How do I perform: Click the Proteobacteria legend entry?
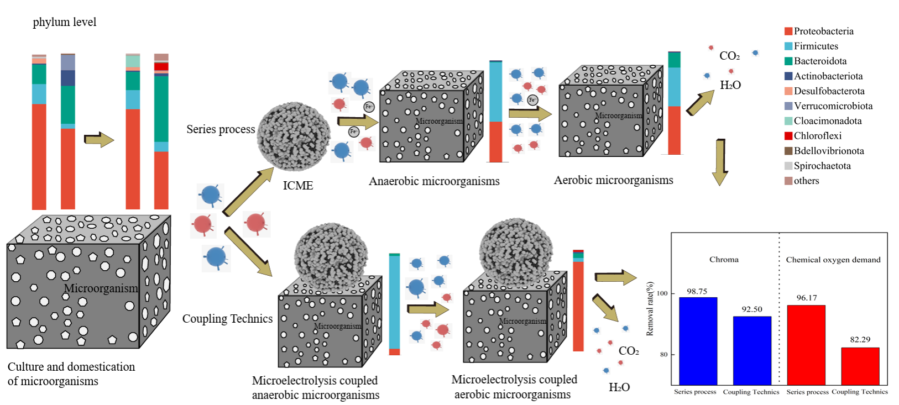823,31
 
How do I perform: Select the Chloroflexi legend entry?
817,136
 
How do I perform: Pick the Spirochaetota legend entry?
822,166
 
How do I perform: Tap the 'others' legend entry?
806,181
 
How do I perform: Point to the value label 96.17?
806,298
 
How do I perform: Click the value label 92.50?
752,309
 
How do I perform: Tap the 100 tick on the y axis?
662,293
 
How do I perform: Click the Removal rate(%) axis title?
650,309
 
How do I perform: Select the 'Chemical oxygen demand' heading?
833,260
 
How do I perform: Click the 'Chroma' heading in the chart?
724,260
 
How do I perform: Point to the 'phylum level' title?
64,22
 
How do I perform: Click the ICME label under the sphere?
298,186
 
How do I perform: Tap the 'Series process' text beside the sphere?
221,129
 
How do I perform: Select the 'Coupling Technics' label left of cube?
227,319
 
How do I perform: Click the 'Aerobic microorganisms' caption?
613,180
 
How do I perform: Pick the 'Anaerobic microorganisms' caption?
434,181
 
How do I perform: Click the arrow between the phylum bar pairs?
99,139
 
